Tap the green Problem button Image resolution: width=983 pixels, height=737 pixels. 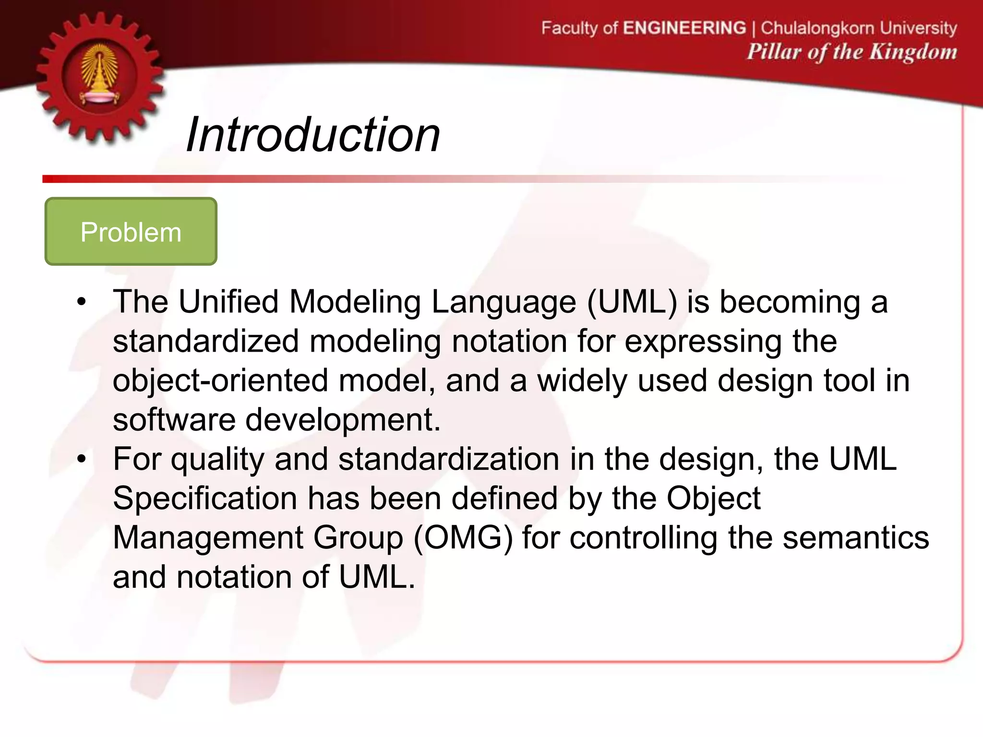tap(131, 232)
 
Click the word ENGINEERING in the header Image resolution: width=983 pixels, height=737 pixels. tap(684, 28)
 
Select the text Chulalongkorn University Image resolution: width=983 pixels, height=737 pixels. tap(859, 28)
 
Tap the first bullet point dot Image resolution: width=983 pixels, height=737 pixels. tap(82, 302)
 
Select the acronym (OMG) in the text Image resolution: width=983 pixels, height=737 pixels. tap(463, 538)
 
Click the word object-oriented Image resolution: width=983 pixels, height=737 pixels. tap(220, 381)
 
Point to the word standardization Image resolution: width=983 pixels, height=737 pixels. tap(448, 459)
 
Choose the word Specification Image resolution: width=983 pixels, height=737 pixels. tap(205, 499)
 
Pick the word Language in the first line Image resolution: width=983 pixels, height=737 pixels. tap(503, 302)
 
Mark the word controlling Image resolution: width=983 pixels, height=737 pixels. tap(643, 538)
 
